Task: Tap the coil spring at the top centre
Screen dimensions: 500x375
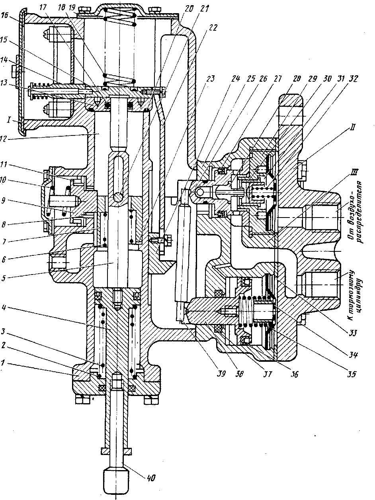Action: pyautogui.click(x=119, y=46)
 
